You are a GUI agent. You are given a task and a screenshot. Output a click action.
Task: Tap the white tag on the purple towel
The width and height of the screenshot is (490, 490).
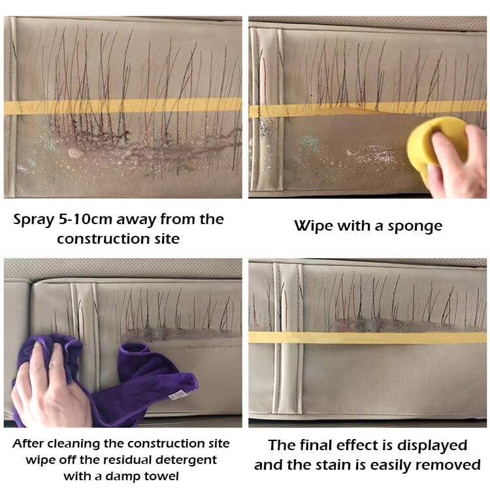pos(178,395)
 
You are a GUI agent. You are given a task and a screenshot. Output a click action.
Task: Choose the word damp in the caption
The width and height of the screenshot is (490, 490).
pos(120,477)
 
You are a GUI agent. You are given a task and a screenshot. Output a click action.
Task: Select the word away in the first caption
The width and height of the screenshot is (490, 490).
pos(137,220)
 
